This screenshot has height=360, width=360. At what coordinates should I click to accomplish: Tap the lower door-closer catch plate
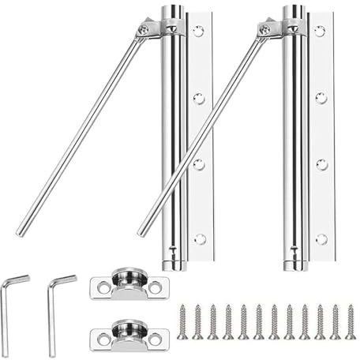[x=126, y=334]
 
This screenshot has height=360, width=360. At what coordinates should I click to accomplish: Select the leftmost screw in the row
[x=182, y=322]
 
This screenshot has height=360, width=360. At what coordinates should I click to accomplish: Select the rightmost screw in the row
[x=350, y=322]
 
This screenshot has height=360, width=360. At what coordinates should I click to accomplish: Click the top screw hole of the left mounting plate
[x=198, y=32]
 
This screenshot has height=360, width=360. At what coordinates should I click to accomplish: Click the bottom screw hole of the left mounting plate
[x=200, y=238]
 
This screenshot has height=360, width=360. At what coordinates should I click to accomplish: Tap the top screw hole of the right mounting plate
[x=320, y=32]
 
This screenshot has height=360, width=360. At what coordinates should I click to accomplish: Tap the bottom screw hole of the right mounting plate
[x=321, y=238]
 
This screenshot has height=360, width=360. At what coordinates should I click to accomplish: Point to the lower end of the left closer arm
[x=21, y=232]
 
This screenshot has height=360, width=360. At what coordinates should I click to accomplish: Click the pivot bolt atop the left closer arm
[x=143, y=29]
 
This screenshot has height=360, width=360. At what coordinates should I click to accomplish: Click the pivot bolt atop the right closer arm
[x=264, y=29]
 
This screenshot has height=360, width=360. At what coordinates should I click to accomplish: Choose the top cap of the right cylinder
[x=294, y=11]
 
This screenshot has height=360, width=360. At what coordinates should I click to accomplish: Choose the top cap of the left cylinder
[x=172, y=11]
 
